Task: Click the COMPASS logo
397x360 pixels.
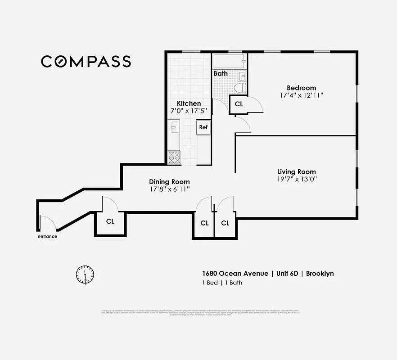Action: tap(86, 62)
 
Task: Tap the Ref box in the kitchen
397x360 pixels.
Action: tap(203, 127)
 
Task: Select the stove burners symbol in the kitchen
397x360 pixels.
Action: tap(174, 157)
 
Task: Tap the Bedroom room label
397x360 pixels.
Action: tap(301, 88)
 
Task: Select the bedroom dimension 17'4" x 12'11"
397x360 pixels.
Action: tap(301, 95)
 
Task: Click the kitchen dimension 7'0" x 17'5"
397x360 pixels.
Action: tap(189, 111)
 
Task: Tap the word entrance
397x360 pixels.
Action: tap(47, 236)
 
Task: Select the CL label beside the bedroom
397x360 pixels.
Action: tap(239, 104)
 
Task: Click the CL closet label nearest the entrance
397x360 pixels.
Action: tap(110, 221)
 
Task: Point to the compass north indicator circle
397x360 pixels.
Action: tap(85, 274)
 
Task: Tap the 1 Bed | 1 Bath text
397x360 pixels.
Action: tap(222, 283)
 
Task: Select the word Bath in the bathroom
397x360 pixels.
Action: tap(221, 73)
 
